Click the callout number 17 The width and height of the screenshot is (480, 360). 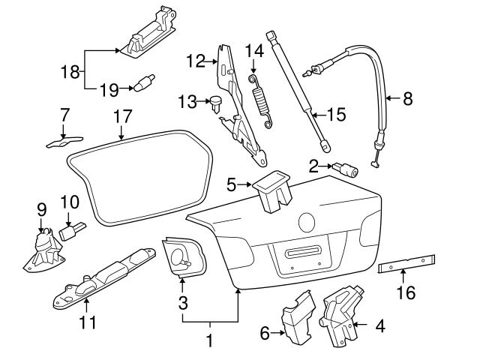click(122, 117)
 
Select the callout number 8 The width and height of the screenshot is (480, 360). click(407, 98)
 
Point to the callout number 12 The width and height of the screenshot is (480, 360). click(196, 61)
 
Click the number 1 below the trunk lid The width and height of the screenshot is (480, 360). click(210, 340)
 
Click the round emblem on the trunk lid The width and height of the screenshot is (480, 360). click(307, 223)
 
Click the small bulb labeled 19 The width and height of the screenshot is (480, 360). click(144, 82)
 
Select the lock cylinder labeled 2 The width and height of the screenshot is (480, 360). click(348, 169)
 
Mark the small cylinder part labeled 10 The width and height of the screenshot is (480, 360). click(73, 229)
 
